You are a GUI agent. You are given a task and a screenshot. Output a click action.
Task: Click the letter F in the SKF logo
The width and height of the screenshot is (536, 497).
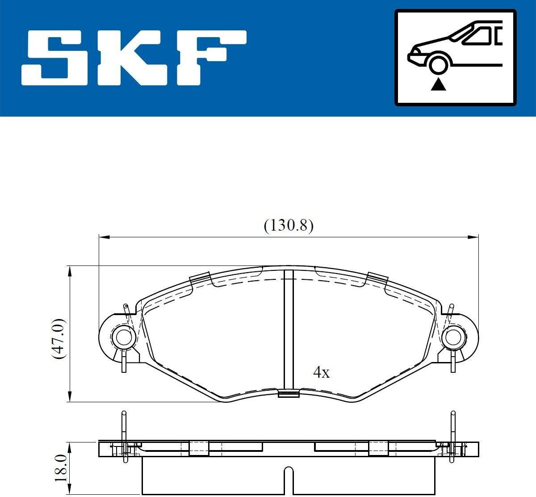point(211,58)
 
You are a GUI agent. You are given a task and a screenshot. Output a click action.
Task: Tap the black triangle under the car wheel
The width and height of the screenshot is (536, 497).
point(438,84)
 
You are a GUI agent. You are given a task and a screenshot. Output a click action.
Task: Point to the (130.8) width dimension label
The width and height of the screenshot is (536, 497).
point(289,226)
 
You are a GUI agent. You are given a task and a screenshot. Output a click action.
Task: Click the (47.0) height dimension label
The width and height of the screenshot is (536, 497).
point(59,339)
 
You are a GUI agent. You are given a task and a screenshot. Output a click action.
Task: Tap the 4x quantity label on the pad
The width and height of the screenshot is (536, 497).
point(321,372)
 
